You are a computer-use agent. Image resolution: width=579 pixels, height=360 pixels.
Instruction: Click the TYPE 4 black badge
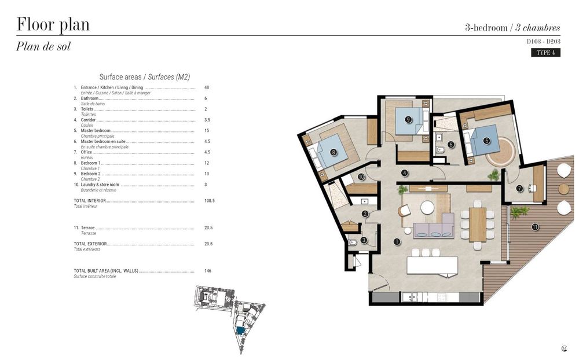(545, 53)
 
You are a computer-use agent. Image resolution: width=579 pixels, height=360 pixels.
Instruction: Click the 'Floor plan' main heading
(53, 25)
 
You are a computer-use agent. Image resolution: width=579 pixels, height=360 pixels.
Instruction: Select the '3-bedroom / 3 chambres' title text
(512, 27)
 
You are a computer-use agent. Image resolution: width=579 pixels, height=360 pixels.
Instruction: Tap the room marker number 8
(334, 152)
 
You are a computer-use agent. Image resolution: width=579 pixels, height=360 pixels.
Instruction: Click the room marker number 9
(408, 119)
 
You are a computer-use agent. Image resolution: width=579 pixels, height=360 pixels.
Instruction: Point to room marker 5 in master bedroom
(487, 140)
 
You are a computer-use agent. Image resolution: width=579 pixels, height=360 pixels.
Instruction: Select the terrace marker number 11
(535, 227)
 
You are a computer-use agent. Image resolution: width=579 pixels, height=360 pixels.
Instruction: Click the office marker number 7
(519, 188)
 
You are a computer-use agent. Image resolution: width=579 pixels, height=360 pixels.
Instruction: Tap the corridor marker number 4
(405, 172)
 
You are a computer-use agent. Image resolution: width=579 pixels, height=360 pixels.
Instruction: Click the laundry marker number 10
(361, 177)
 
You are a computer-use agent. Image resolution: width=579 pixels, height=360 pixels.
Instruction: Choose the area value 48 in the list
(207, 87)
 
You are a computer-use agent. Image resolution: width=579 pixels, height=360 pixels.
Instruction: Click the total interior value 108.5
(210, 200)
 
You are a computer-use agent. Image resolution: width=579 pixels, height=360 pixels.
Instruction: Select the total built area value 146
(208, 271)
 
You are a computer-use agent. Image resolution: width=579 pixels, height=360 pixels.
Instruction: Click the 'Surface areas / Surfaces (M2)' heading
(145, 76)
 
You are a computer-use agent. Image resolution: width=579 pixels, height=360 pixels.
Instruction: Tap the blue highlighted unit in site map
(240, 330)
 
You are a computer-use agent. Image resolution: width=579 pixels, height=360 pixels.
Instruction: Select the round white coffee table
(427, 207)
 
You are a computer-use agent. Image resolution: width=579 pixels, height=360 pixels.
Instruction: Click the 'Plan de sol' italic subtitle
(43, 47)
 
